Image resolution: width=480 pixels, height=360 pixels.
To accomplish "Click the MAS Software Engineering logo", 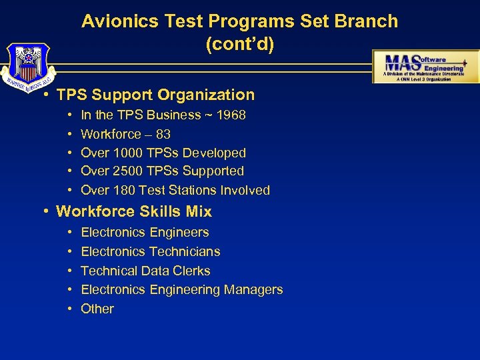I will (425, 66).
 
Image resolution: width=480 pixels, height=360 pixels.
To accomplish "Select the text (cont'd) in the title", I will (239, 45).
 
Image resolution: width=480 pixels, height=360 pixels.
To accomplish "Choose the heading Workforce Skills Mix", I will (134, 212).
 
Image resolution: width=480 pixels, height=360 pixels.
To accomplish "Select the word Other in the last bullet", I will (97, 309).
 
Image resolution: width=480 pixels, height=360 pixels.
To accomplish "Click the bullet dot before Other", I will (70, 309).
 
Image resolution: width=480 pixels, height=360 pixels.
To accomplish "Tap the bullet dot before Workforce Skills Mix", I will (45, 212).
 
